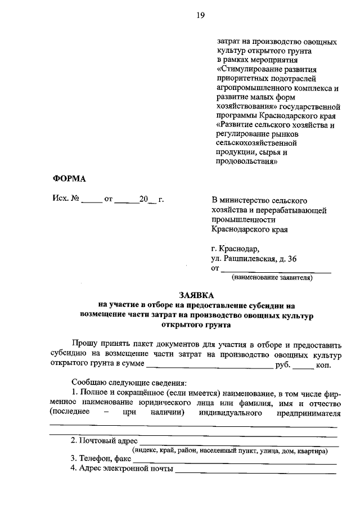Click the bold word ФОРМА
point(70,179)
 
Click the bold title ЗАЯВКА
point(197,295)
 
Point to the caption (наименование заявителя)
point(272,277)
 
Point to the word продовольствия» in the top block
point(246,162)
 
